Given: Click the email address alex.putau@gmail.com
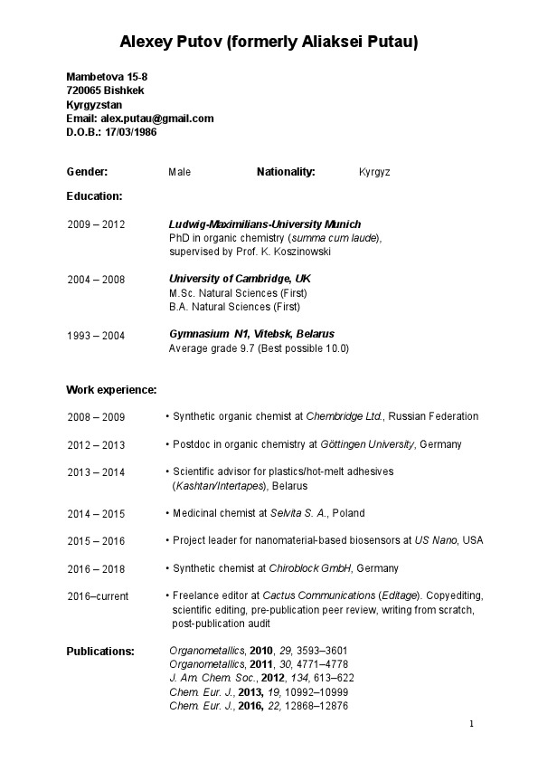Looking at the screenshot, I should coord(156,118).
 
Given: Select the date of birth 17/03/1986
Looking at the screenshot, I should coord(130,131).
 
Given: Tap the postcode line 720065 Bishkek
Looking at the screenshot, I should coord(104,90).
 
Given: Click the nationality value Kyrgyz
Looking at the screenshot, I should coord(374,172).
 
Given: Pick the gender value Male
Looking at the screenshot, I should coord(180,172).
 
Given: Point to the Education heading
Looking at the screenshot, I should coord(94,195).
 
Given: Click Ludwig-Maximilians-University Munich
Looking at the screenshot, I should coord(264,224).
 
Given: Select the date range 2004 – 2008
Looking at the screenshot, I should coord(96,280).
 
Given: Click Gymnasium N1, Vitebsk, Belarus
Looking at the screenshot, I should coord(251,334).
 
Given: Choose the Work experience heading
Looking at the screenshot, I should coord(111,389).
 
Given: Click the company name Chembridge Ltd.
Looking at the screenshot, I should coord(345,416).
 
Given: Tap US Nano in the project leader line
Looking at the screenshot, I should coord(436,540).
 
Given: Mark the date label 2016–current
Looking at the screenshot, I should coord(98,596).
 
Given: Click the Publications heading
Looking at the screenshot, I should coord(100,651).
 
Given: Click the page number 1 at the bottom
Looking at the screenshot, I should coord(471,724).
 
